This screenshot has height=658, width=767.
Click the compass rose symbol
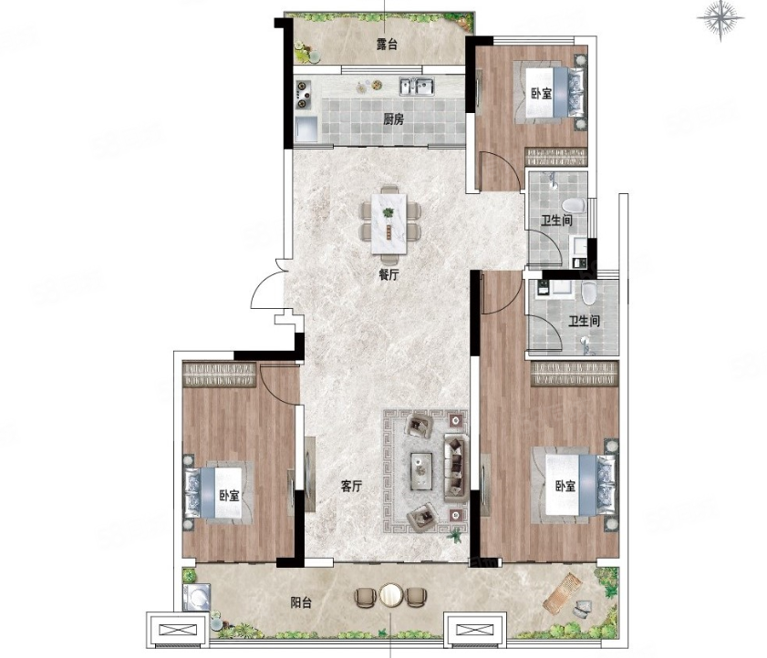720,20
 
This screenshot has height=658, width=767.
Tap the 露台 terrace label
387,44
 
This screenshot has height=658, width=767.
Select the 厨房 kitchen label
393,118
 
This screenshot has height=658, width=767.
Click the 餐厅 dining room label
389,274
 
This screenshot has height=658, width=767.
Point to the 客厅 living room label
351,487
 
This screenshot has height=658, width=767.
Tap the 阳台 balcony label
301,602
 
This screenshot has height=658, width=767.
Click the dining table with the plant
389,223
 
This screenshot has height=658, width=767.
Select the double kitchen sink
418,87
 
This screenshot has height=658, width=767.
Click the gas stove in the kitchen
304,95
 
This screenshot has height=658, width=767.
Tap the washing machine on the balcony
197,597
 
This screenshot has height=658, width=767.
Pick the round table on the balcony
390,596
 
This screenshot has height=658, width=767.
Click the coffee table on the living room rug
421,470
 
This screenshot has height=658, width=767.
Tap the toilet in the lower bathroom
588,293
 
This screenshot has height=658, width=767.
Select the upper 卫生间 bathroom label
556,221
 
